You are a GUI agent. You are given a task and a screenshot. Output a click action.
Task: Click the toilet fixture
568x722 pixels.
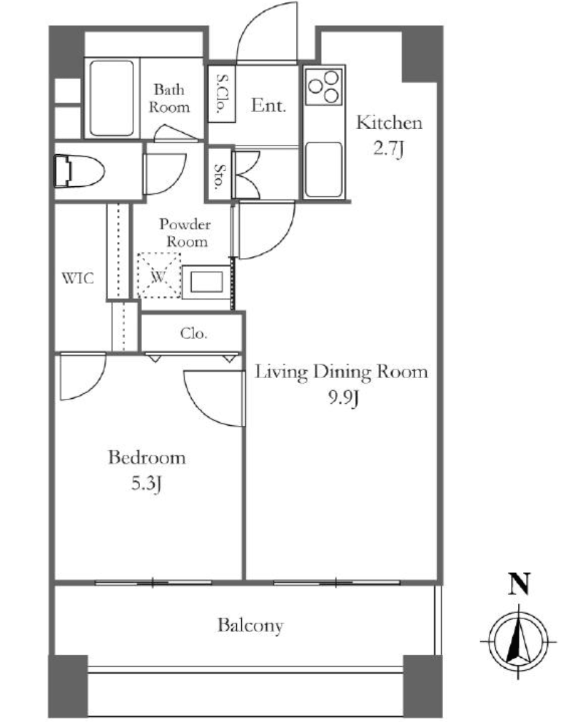click(78, 171)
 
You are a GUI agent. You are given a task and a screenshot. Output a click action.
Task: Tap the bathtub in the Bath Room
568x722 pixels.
click(112, 98)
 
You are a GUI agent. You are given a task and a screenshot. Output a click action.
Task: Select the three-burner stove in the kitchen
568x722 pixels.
click(324, 86)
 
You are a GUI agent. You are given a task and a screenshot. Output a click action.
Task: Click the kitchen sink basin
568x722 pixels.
click(324, 168)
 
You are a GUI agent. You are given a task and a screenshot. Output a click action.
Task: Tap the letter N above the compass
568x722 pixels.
click(519, 584)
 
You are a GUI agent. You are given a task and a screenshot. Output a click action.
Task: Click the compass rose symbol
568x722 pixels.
click(519, 641)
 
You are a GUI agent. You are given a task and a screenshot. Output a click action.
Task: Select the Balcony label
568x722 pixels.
click(250, 625)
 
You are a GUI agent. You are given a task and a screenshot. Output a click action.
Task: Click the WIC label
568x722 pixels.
click(78, 278)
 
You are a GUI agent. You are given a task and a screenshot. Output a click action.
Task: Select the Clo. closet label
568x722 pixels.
click(193, 333)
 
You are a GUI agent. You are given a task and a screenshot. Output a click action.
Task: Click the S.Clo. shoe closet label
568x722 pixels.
click(221, 93)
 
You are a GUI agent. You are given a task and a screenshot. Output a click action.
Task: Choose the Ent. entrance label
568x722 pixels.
click(268, 106)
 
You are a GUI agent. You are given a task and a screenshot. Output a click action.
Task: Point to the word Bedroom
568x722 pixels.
click(147, 457)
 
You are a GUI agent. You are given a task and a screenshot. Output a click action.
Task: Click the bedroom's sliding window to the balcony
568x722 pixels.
click(153, 582)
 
